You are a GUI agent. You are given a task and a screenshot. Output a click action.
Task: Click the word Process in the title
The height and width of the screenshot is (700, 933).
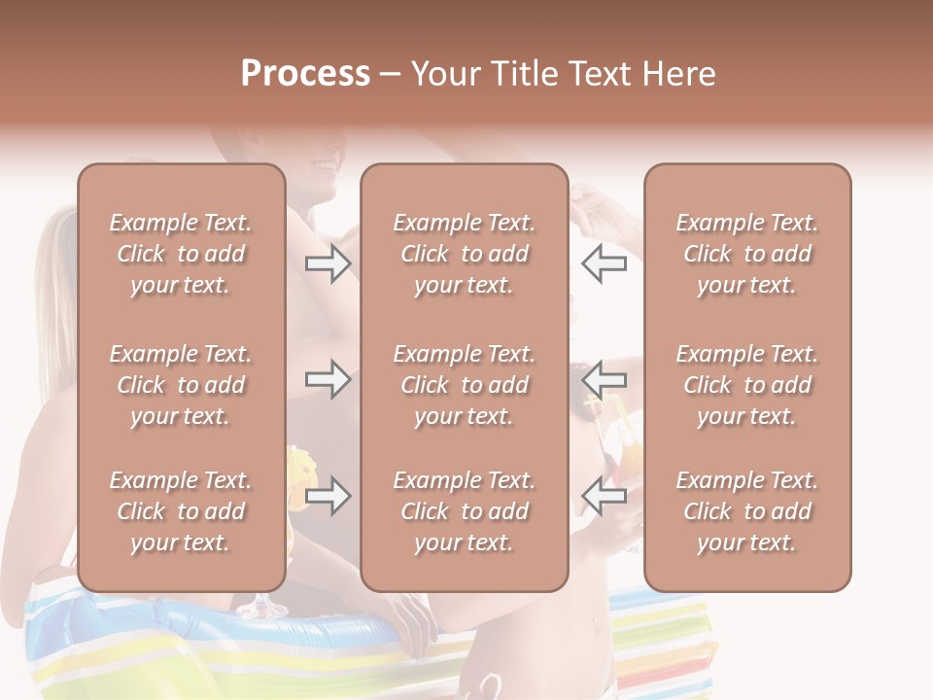305,74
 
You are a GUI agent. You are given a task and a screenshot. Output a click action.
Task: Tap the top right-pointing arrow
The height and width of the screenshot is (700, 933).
328,263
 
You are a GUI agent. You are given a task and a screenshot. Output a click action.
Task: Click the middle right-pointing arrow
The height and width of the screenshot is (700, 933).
328,379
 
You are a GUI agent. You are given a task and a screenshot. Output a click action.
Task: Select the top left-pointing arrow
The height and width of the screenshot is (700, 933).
605,263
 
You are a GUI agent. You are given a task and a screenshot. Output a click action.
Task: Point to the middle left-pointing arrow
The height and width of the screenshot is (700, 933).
605,379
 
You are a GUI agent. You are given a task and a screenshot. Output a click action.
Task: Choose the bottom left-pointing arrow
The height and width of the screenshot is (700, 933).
605,496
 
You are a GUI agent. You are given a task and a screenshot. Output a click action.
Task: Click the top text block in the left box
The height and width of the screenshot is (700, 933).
181,254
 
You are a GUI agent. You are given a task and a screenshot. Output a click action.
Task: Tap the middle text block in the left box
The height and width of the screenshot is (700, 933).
181,385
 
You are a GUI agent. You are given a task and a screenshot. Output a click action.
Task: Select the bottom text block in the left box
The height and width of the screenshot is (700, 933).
181,511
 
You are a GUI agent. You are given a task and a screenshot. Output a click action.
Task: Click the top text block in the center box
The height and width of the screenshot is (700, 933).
464,254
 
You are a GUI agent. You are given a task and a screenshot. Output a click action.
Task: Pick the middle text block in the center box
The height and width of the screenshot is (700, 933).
464,385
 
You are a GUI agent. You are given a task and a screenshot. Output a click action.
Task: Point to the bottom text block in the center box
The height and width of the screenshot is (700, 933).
464,511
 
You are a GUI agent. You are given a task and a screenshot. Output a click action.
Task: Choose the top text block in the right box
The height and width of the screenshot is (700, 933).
746,254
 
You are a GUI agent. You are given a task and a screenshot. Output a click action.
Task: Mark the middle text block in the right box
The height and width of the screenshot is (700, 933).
746,385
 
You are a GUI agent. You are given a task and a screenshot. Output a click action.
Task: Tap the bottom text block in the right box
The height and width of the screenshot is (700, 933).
746,511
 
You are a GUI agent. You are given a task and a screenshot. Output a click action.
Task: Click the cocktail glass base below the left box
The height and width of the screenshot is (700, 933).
256,611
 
